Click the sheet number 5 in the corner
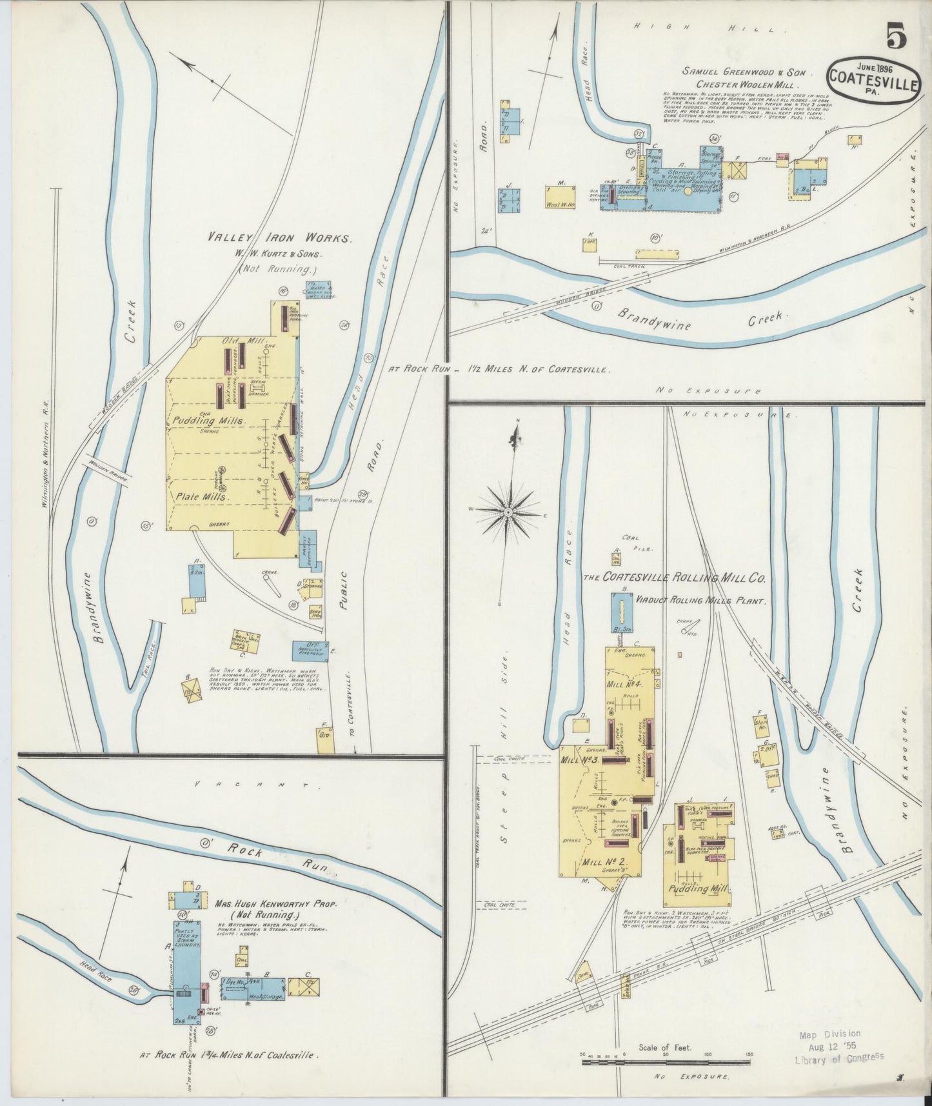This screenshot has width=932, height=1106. (896, 36)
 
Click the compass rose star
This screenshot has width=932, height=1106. (508, 512)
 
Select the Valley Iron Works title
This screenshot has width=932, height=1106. (279, 238)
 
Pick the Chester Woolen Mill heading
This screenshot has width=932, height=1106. (747, 85)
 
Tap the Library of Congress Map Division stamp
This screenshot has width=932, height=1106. (838, 1045)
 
